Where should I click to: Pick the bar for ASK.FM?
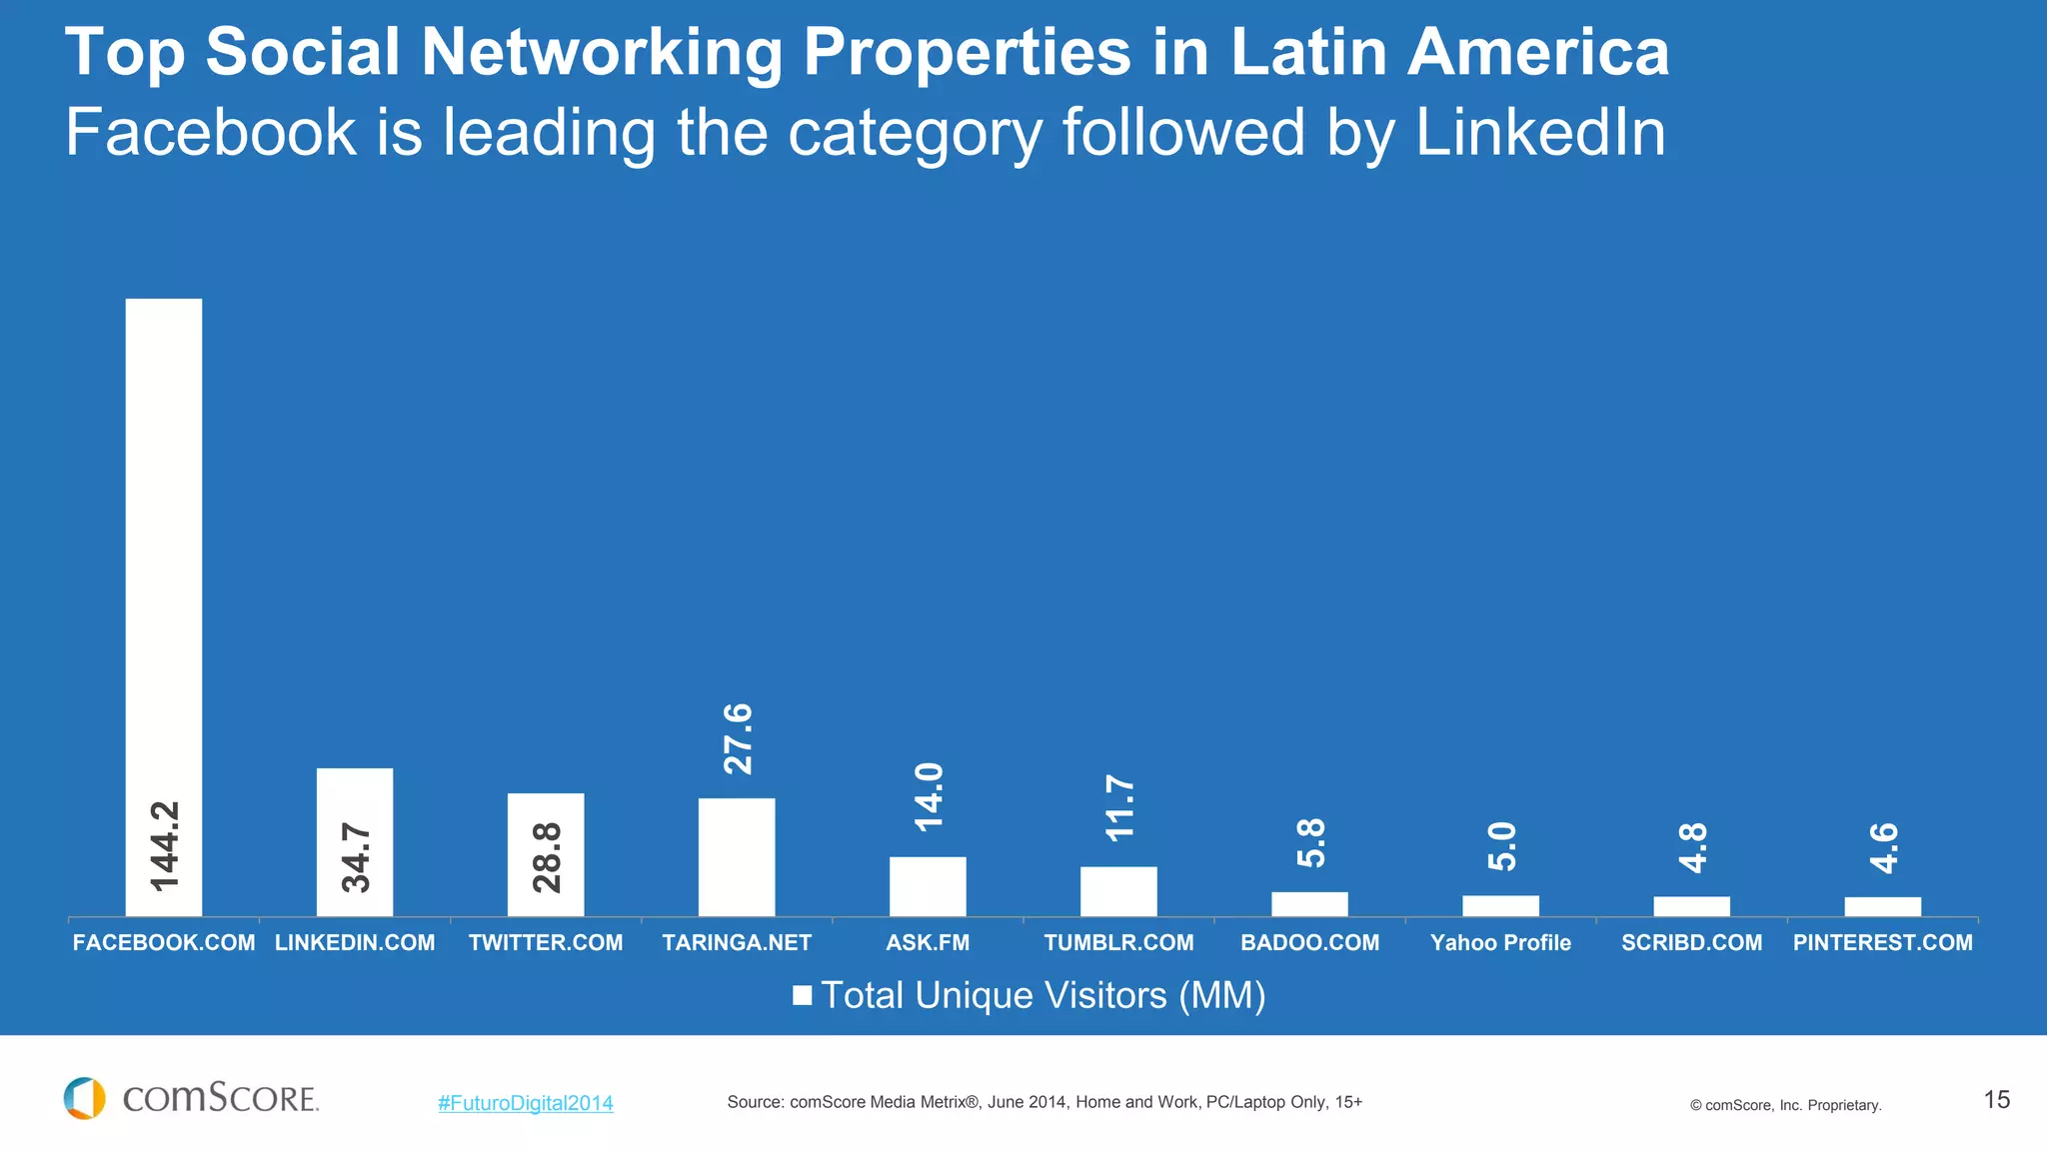[x=928, y=886]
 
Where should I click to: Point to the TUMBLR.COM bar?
[x=1118, y=891]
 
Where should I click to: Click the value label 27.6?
[x=739, y=738]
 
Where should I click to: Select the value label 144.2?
[x=165, y=845]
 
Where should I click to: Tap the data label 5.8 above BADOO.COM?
[x=1311, y=842]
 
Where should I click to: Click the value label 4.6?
[x=1884, y=847]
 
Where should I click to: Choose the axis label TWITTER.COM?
[x=546, y=942]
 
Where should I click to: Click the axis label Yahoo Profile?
[x=1500, y=942]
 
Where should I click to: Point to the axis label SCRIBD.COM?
[x=1691, y=942]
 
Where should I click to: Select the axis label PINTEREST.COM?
[x=1882, y=942]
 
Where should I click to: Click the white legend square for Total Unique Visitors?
[x=802, y=995]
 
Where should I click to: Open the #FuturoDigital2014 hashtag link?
[x=525, y=1103]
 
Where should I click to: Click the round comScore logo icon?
[x=85, y=1098]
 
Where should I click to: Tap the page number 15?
[x=1996, y=1100]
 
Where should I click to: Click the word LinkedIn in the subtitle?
[x=1540, y=132]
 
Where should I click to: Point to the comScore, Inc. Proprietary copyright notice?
[x=1785, y=1105]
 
